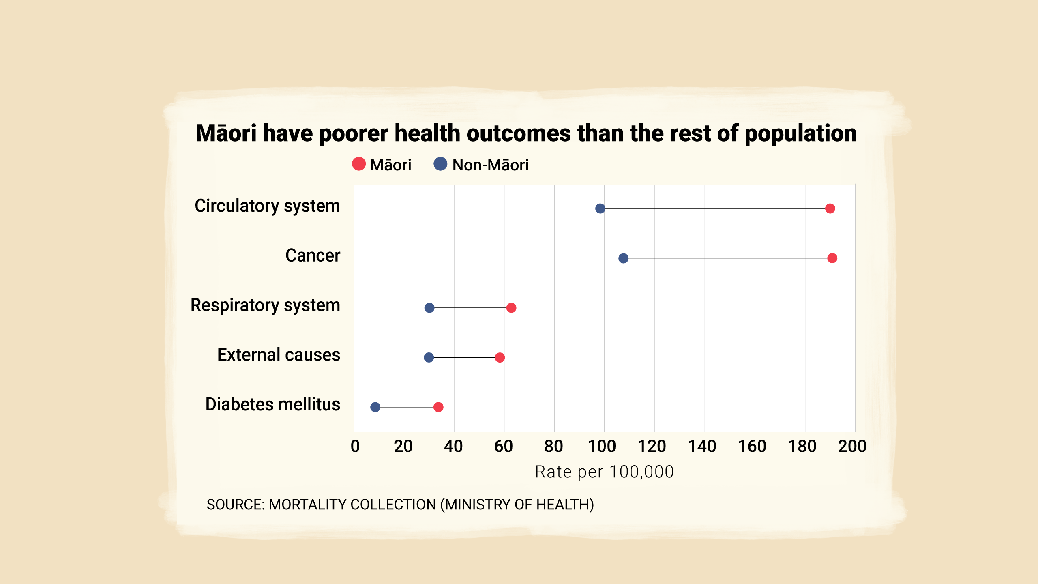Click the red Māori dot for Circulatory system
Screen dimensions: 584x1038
point(830,208)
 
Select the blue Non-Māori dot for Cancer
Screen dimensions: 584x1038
point(623,258)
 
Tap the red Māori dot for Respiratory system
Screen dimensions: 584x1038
point(511,308)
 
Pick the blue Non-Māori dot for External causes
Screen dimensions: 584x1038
point(429,357)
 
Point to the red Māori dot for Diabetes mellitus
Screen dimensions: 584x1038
point(438,407)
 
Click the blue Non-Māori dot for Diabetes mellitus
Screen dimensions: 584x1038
point(375,407)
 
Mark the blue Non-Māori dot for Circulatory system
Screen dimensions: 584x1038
point(600,208)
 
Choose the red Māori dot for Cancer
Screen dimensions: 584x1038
point(832,258)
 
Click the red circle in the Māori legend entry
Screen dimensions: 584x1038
point(359,164)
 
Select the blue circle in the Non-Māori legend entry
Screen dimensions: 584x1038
point(440,164)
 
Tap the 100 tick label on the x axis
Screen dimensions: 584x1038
point(602,446)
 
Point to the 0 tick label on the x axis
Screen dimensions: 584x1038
point(355,446)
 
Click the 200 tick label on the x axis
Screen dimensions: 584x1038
point(852,446)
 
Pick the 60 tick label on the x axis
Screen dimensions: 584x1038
point(504,446)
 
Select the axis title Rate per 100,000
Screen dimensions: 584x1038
point(604,472)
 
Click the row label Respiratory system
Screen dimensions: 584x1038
point(265,305)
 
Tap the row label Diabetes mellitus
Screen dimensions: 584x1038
point(272,404)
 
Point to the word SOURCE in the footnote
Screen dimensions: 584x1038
point(235,505)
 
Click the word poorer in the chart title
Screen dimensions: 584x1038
point(354,133)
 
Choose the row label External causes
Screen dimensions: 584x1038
point(279,355)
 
